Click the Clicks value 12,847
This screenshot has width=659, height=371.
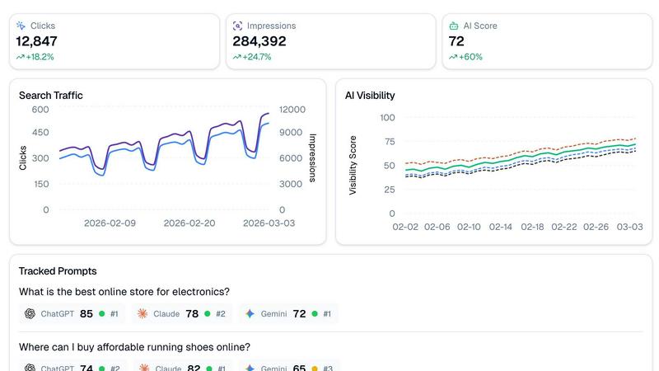coord(36,41)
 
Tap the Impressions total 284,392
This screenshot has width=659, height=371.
coord(259,41)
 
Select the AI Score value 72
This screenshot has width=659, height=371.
coord(456,41)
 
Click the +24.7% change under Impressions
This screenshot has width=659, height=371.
coord(256,57)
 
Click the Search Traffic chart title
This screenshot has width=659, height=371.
coord(51,95)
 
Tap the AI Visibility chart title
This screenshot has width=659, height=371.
coord(370,95)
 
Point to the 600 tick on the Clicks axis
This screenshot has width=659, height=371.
coord(40,110)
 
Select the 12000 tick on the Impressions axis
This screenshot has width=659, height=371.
coord(292,110)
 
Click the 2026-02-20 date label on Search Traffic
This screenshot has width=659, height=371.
coord(189,223)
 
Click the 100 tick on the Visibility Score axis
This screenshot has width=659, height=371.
coord(387,117)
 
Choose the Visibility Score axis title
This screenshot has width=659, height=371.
coord(353,165)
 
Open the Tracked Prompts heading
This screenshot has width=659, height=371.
coord(58,270)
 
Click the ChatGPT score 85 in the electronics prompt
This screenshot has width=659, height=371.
coord(86,313)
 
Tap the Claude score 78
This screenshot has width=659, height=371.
coord(193,313)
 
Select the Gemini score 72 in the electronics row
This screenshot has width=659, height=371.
coord(299,313)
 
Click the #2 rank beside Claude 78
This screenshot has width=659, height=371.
coord(221,314)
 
